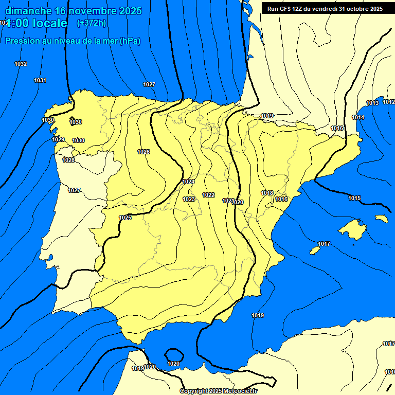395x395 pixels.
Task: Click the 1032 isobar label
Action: (x=21, y=64)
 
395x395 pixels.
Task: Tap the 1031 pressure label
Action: (x=40, y=80)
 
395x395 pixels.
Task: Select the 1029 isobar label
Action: (x=58, y=140)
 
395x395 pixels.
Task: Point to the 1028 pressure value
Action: (x=68, y=160)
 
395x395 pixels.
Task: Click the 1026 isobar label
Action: (x=143, y=152)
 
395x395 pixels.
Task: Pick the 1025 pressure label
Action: (x=125, y=218)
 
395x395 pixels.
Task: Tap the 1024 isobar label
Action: (x=188, y=182)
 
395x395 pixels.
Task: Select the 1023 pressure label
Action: (x=189, y=199)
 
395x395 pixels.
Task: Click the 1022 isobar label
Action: (x=208, y=195)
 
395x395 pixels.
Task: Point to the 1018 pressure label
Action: (x=267, y=193)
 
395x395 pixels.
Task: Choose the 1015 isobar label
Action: (x=354, y=198)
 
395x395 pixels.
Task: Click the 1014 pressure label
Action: (x=358, y=118)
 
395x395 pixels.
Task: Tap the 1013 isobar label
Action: (x=372, y=103)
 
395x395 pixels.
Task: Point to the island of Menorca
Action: (x=381, y=218)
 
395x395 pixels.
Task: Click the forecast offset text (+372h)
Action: (x=91, y=23)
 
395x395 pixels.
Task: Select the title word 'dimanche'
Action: (x=27, y=11)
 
